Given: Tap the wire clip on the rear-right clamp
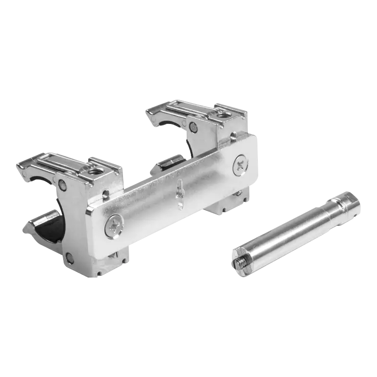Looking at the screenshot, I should coord(179,109).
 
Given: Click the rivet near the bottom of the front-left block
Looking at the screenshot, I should coord(70,257).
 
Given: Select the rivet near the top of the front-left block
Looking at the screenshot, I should coord(63,185).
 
